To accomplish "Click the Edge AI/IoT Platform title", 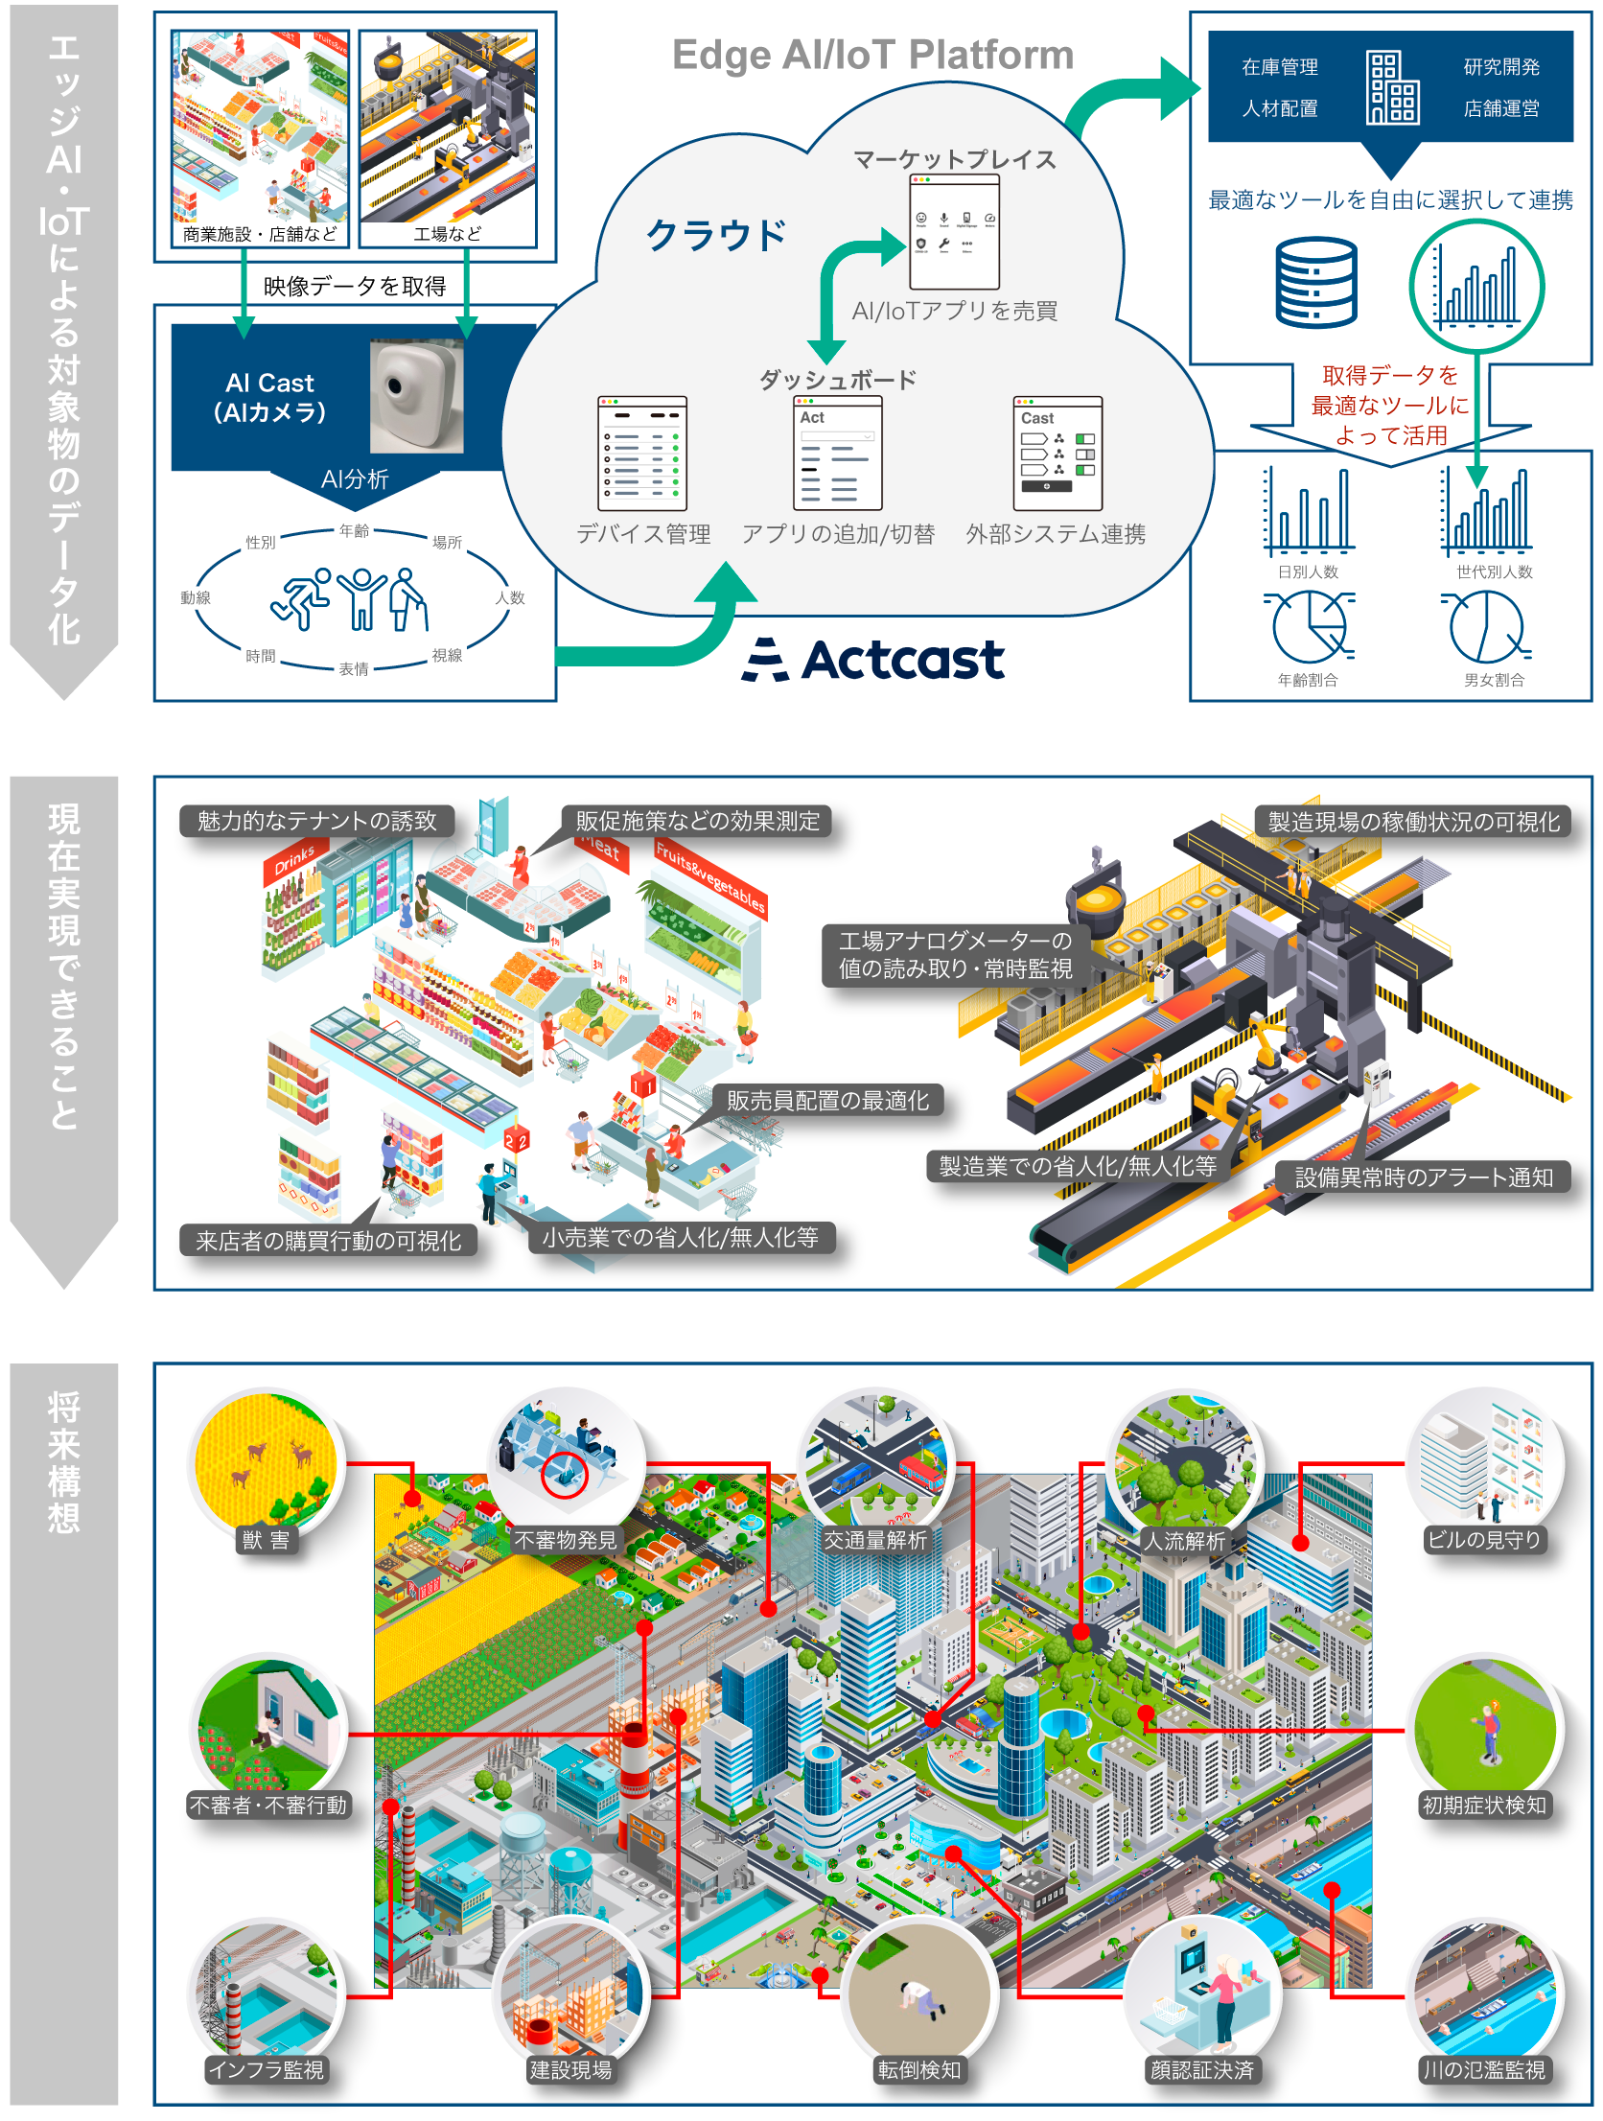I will (x=872, y=56).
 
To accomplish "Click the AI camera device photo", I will (x=416, y=396).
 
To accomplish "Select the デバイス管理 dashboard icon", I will (x=642, y=453).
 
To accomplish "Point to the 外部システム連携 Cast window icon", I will (x=1057, y=453).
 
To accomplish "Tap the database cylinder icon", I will (x=1315, y=283).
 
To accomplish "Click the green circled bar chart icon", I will (x=1476, y=286).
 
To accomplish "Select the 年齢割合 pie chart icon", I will (x=1309, y=627).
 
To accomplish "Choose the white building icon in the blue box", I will (x=1391, y=87).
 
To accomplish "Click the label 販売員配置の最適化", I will (x=827, y=1101).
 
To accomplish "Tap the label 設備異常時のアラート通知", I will (x=1423, y=1177).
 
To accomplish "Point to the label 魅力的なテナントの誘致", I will (x=316, y=822).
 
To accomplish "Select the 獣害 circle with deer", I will (x=267, y=1461).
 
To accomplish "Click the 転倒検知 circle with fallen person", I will (x=918, y=1991).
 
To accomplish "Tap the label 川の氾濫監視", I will (x=1483, y=2070).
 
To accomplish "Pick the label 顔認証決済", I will (x=1201, y=2070).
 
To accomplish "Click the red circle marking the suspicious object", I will (x=565, y=1475).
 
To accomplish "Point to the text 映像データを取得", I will (x=355, y=286).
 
